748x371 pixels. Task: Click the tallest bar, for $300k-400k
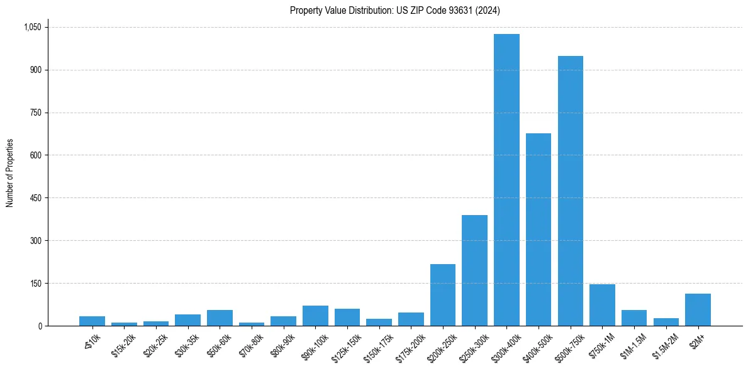[506, 180]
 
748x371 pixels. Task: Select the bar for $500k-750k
[570, 191]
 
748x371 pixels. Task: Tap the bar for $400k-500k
[539, 230]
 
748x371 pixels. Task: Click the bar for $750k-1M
[602, 305]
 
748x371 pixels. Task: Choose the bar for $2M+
[698, 309]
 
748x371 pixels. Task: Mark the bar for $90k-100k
[315, 316]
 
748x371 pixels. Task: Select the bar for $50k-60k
[220, 318]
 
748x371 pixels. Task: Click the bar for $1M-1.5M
[634, 318]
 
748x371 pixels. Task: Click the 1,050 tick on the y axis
[32, 27]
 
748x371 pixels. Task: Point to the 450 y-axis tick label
[35, 198]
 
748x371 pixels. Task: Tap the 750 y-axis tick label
[35, 113]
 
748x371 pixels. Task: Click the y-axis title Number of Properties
[10, 173]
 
